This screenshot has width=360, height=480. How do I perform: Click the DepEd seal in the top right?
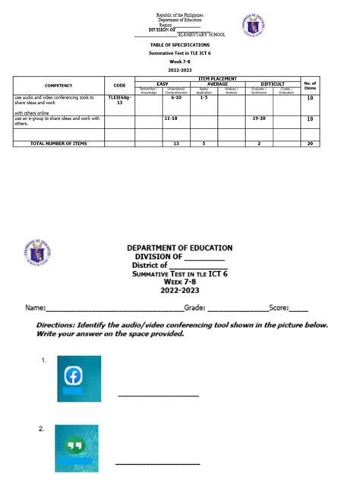[254, 25]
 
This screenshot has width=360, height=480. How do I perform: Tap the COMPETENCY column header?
[58, 86]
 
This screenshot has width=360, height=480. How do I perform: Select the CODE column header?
[119, 86]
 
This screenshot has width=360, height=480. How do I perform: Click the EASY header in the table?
[162, 84]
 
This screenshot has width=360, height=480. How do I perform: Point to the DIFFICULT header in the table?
[273, 84]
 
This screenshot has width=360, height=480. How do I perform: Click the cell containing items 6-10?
[176, 98]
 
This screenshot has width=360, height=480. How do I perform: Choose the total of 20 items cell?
[310, 143]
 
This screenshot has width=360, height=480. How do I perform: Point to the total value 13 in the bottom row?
[176, 143]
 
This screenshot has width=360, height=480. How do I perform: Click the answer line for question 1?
[158, 395]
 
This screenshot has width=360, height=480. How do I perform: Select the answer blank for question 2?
[158, 463]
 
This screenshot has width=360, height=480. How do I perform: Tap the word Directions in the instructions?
[58, 324]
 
